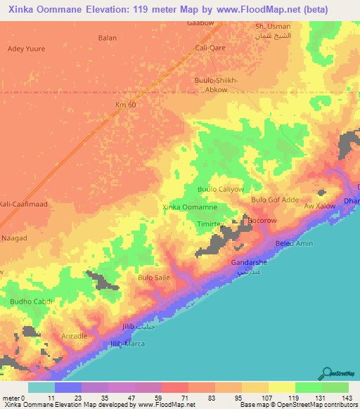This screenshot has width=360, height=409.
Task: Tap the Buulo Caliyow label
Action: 220,190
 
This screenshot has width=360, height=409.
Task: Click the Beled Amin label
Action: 293,243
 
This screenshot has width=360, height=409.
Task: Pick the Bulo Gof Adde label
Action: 275,200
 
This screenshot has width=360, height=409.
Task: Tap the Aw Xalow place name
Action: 319,206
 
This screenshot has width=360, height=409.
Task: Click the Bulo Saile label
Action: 155,278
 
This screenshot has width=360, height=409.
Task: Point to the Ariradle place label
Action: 74,336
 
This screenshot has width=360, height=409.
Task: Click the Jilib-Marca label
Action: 128,344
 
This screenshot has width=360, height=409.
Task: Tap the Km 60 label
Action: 125,105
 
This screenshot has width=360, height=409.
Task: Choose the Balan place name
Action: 108,37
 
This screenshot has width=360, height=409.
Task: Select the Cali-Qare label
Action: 210,48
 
